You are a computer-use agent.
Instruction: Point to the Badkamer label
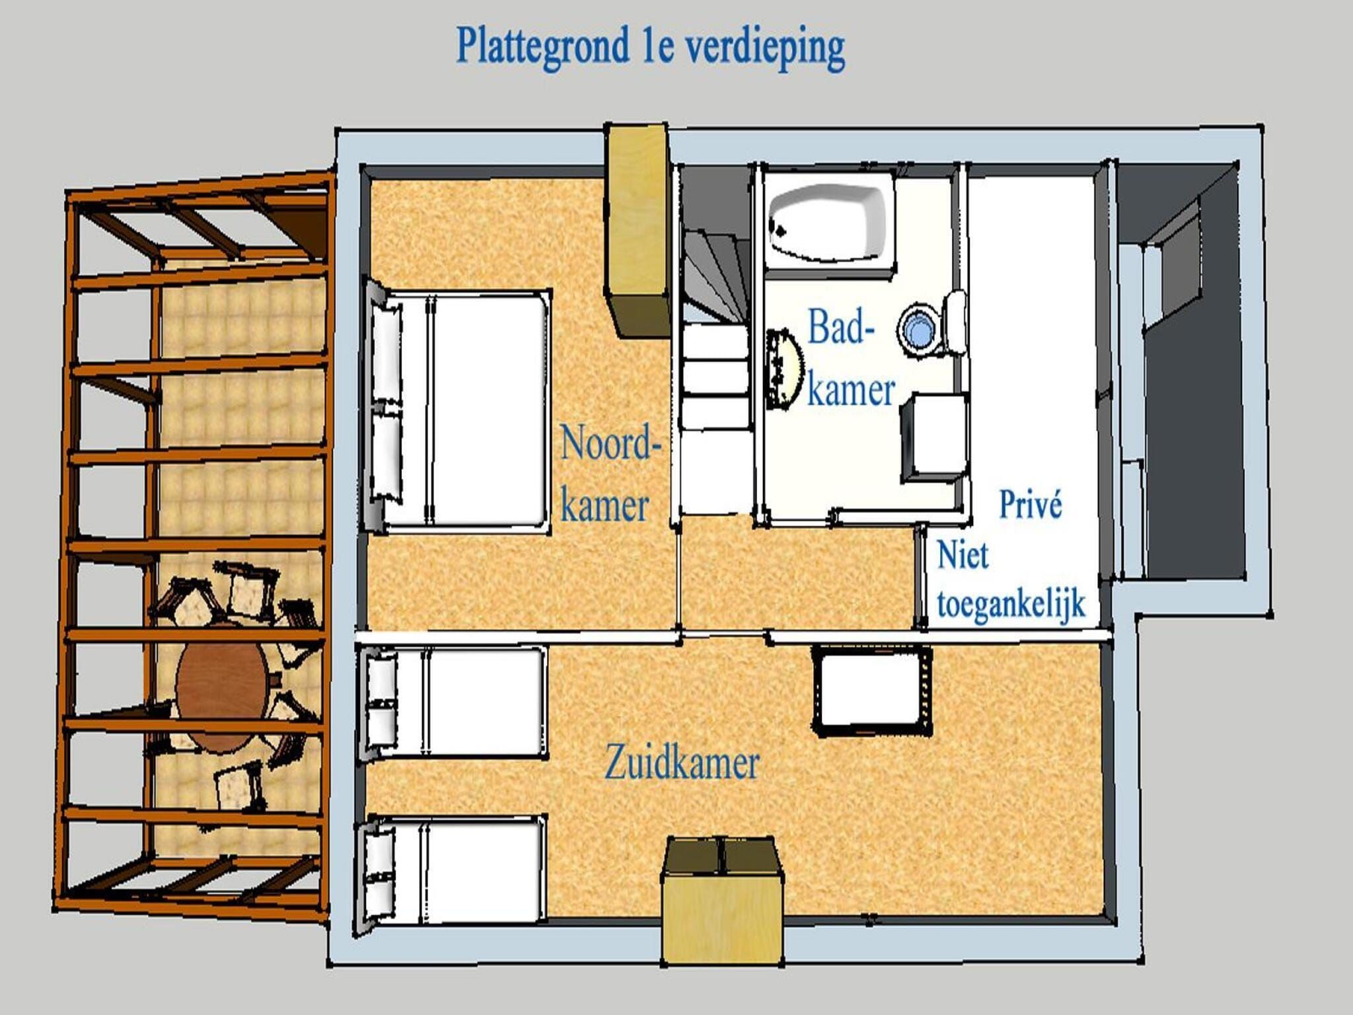click(851, 358)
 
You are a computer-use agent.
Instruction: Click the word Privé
click(1030, 504)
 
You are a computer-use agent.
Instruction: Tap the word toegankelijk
click(1011, 603)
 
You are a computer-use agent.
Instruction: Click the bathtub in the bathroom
click(828, 221)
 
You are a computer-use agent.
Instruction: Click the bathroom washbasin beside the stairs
click(785, 368)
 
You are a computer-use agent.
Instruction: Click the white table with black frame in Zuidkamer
click(871, 691)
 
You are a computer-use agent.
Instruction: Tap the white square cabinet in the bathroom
click(934, 437)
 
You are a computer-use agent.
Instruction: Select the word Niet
click(963, 555)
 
